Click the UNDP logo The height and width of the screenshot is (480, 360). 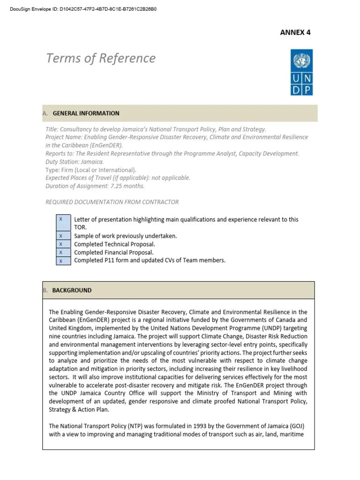(301, 73)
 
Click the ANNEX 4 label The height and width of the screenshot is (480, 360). (295, 32)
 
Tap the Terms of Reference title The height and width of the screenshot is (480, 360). (101, 58)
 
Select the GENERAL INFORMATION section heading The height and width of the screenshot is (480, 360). (86, 113)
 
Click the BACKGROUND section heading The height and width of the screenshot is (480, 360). (72, 290)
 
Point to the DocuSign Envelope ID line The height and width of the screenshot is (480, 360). (83, 9)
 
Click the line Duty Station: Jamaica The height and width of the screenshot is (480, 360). (75, 162)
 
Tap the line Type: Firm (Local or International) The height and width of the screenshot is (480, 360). (91, 170)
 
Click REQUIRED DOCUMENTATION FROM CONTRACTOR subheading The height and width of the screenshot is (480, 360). (112, 202)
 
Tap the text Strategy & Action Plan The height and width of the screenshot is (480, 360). (79, 409)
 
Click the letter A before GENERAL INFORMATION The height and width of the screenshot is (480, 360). (45, 113)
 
